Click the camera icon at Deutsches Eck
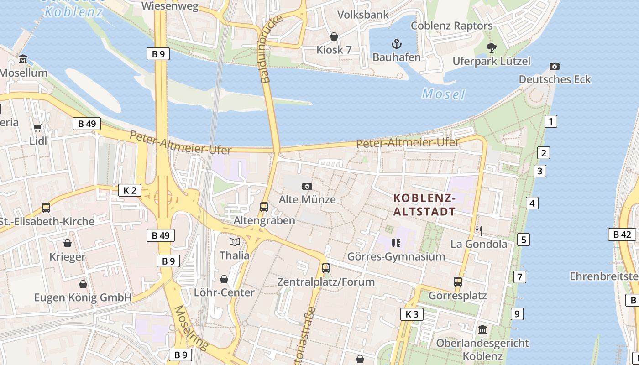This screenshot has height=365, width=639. pyautogui.click(x=555, y=67)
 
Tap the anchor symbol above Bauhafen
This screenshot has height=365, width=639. pyautogui.click(x=397, y=44)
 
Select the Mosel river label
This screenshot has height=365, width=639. pyautogui.click(x=443, y=94)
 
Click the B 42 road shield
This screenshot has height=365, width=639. pyautogui.click(x=622, y=235)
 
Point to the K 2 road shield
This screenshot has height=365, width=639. pyautogui.click(x=130, y=190)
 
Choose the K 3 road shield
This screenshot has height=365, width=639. pyautogui.click(x=412, y=314)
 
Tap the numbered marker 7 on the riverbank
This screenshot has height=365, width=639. pyautogui.click(x=519, y=276)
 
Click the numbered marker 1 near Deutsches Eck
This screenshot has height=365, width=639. pyautogui.click(x=551, y=121)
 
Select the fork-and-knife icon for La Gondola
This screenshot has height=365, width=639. pyautogui.click(x=479, y=231)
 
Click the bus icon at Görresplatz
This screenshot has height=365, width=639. pyautogui.click(x=458, y=282)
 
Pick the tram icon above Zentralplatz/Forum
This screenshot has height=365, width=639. pyautogui.click(x=325, y=268)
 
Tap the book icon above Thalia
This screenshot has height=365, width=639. pyautogui.click(x=235, y=242)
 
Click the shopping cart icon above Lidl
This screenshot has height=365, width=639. pyautogui.click(x=38, y=128)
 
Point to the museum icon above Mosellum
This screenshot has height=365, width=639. pyautogui.click(x=23, y=59)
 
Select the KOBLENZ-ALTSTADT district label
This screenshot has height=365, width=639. pyautogui.click(x=424, y=205)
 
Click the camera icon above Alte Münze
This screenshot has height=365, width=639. pyautogui.click(x=307, y=186)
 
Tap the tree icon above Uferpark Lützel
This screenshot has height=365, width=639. pyautogui.click(x=492, y=47)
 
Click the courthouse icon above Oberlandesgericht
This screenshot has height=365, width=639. pyautogui.click(x=482, y=329)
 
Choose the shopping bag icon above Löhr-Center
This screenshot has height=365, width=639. pyautogui.click(x=224, y=279)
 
